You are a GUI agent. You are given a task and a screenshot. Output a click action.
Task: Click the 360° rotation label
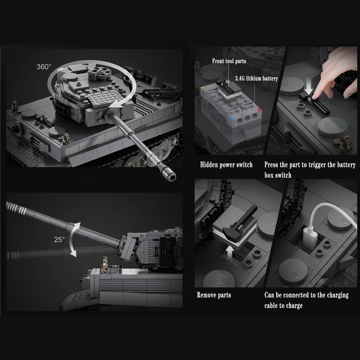click(44, 67)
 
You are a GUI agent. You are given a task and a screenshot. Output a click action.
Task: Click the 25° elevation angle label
click(59, 240)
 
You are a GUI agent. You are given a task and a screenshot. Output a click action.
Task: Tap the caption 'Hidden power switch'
click(226, 165)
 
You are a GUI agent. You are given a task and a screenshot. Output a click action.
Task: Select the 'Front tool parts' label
click(229, 61)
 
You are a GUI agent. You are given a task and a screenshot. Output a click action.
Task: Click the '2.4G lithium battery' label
click(256, 78)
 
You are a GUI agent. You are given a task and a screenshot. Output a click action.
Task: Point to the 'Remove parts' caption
click(214, 295)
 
